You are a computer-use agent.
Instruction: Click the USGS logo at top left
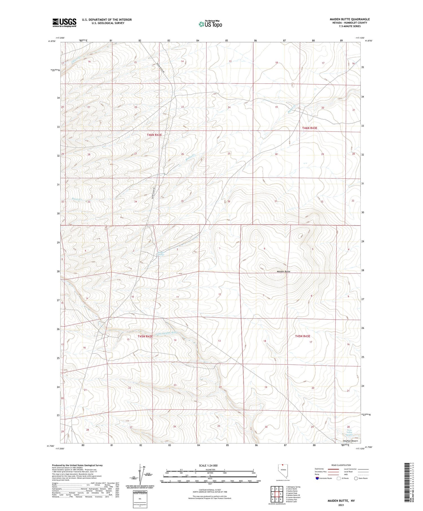click(x=64, y=23)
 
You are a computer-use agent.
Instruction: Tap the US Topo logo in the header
click(x=210, y=24)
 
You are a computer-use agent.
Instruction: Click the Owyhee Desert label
click(x=350, y=441)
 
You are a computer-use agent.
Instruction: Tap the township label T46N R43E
click(x=310, y=128)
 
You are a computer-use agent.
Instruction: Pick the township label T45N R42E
click(x=145, y=337)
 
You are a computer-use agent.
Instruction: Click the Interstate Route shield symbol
click(x=318, y=478)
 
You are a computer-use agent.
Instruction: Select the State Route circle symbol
click(x=356, y=478)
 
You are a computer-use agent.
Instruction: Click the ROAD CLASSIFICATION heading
click(x=341, y=465)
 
